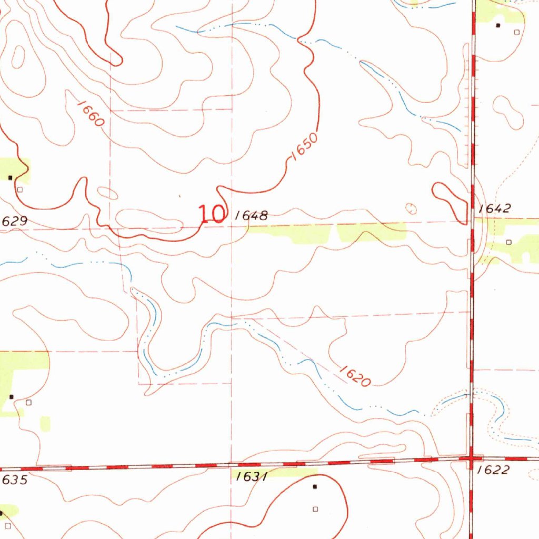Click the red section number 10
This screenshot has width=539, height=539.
(212, 214)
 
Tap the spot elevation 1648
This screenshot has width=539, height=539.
(252, 215)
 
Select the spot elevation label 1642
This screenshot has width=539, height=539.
(495, 208)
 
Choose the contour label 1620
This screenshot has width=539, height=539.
(355, 376)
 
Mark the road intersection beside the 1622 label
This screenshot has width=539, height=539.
(471, 458)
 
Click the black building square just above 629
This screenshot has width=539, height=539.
(10, 178)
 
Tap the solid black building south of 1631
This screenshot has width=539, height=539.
(315, 487)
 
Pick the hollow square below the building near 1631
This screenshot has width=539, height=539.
(315, 508)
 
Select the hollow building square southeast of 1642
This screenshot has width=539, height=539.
(508, 242)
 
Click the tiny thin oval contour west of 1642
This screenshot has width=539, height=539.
(411, 208)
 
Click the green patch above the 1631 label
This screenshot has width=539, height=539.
(274, 472)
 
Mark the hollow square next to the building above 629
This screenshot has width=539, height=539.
(20, 189)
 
